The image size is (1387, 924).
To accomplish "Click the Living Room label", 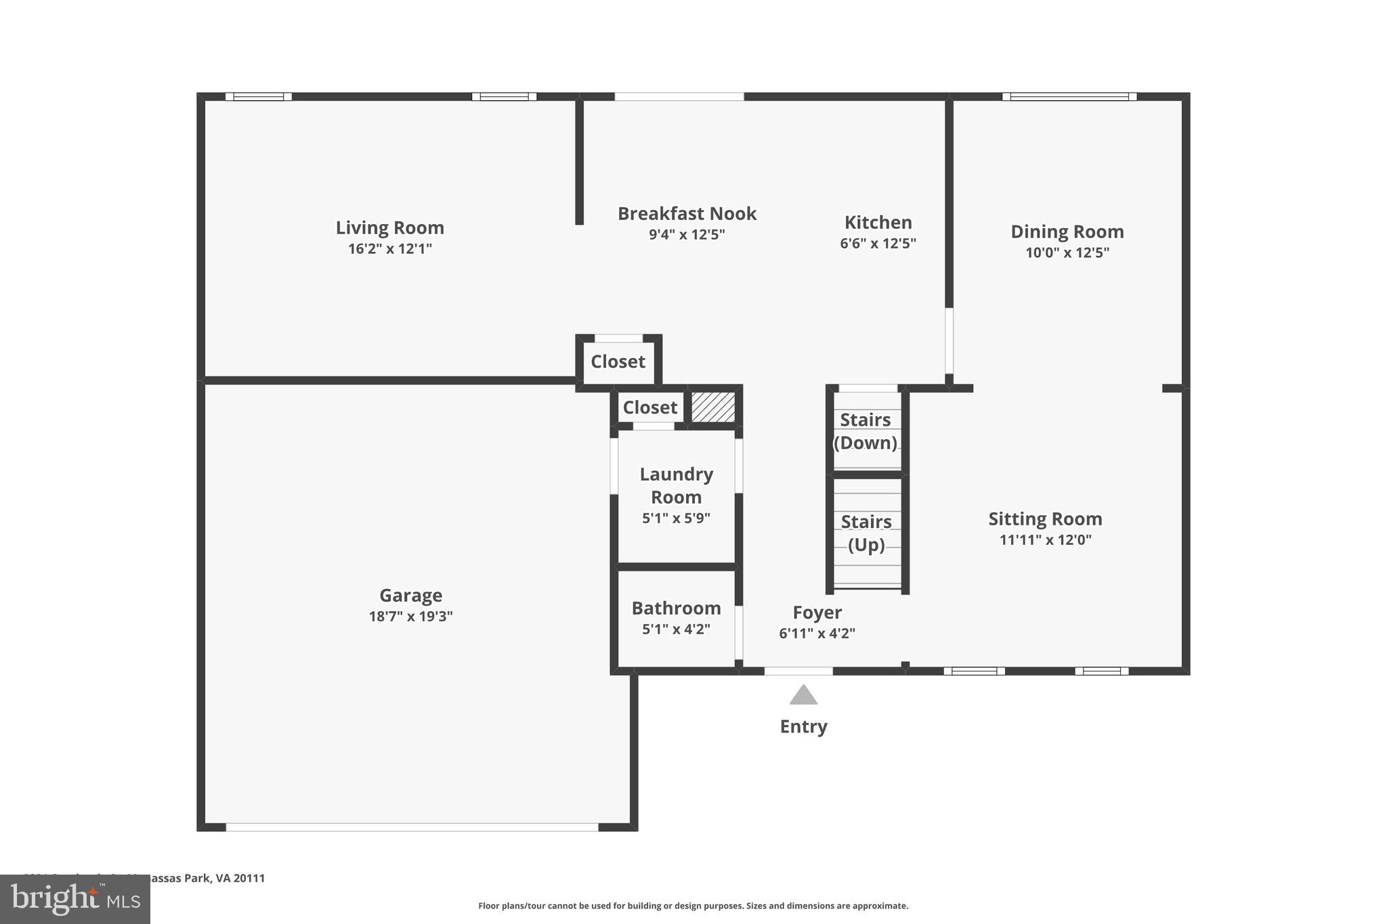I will click(x=389, y=227).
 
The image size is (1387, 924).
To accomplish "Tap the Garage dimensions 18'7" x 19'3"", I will click(x=410, y=617).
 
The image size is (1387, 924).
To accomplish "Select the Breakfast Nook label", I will click(x=687, y=214).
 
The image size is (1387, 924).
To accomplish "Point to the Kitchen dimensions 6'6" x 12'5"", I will click(x=878, y=244).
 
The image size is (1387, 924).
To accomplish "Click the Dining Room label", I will click(x=1067, y=232).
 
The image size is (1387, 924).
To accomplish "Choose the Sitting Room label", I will click(x=1045, y=519).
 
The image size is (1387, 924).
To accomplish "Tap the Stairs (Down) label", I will click(x=866, y=431).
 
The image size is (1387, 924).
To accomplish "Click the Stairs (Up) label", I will click(x=866, y=533).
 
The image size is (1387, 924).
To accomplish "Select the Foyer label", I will click(x=817, y=613).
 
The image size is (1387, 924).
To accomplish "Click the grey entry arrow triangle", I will click(x=803, y=696).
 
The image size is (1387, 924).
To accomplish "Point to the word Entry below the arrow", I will click(x=803, y=727).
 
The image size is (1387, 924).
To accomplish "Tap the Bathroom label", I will click(x=676, y=608).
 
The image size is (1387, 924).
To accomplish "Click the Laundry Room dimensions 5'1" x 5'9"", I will click(x=676, y=519).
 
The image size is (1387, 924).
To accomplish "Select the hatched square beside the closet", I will click(x=712, y=408).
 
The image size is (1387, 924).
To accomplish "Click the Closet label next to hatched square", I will click(x=649, y=408).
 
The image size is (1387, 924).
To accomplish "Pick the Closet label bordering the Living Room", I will click(x=618, y=361).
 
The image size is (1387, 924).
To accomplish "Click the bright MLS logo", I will click(x=74, y=899).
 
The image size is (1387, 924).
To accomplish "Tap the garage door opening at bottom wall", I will click(x=412, y=827).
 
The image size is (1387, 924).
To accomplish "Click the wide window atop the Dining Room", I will click(x=1069, y=97).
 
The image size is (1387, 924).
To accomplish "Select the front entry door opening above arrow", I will click(x=798, y=672).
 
